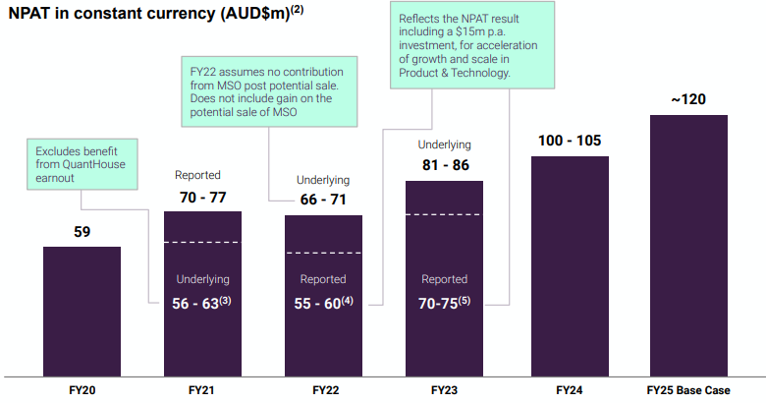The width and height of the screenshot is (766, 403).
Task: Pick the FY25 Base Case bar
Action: [688, 246]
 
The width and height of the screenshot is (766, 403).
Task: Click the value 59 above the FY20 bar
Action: [82, 233]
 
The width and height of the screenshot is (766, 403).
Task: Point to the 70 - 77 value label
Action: [203, 199]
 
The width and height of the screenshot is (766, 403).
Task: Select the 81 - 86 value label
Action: [445, 165]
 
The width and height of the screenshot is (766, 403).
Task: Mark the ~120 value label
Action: [688, 100]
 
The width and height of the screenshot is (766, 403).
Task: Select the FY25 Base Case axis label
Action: [688, 390]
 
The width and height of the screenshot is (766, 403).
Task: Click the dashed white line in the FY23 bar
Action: [445, 214]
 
